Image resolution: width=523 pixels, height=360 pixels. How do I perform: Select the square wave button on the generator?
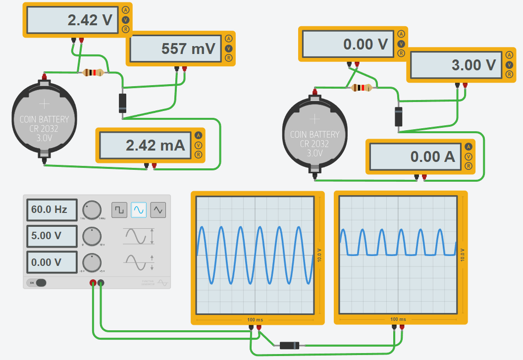pos(119,209)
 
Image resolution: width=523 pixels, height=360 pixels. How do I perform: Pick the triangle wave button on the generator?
pos(158,209)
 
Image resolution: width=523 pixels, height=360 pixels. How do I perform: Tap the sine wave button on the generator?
pos(139,209)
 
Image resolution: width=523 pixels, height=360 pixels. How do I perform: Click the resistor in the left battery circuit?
pos(94,73)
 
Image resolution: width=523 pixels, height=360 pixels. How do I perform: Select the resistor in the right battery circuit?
pos(362,88)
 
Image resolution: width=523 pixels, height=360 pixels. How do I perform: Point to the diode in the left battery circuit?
pos(123,103)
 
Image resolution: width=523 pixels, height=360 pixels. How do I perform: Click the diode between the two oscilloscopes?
pos(289,346)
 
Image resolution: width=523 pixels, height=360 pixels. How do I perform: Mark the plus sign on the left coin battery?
pos(45,103)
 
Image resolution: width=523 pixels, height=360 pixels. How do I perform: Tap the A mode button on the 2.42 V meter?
pos(125,10)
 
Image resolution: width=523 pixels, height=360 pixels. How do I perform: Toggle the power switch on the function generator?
pos(39,283)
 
